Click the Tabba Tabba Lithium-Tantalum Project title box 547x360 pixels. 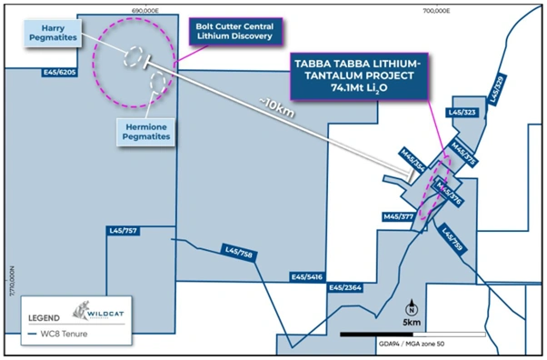(x=356, y=77)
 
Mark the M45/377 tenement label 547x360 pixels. (x=399, y=217)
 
